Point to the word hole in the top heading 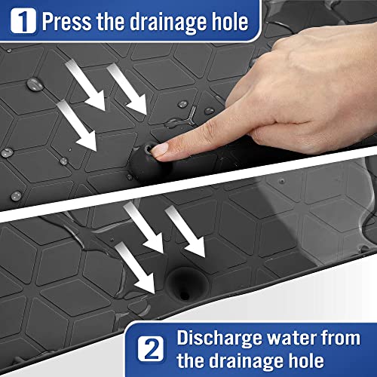(228, 22)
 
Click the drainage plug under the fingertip (148, 160)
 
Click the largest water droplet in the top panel (35, 83)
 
